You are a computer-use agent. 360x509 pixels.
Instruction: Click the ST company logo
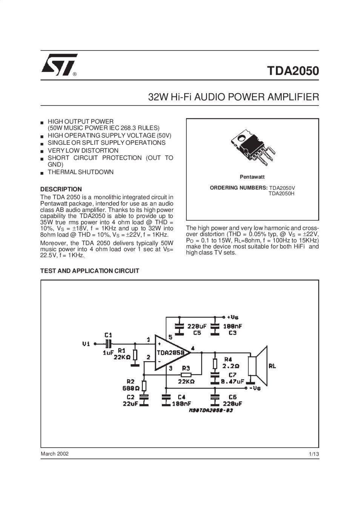[x=59, y=65]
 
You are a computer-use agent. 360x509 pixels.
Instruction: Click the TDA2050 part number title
[x=293, y=71]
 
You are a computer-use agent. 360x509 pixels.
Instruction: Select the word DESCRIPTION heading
[x=61, y=189]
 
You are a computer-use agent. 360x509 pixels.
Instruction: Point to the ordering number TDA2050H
[x=282, y=193]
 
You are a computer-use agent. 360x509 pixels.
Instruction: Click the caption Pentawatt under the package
[x=252, y=177]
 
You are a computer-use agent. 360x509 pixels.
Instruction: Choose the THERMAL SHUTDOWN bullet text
[x=80, y=172]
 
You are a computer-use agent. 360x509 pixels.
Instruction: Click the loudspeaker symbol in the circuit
[x=257, y=366]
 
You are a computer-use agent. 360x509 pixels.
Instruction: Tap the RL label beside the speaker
[x=272, y=366]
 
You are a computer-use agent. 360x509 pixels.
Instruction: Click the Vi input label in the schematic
[x=86, y=344]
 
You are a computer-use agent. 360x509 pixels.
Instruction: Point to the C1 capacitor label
[x=108, y=335]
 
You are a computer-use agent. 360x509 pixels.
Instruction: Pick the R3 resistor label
[x=186, y=368]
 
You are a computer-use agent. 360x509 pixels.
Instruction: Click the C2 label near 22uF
[x=131, y=397]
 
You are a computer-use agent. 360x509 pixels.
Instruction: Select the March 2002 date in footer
[x=54, y=454]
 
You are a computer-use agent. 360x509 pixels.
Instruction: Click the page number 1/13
[x=314, y=454]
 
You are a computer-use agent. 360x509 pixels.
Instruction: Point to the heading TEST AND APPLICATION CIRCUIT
[x=89, y=271]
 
